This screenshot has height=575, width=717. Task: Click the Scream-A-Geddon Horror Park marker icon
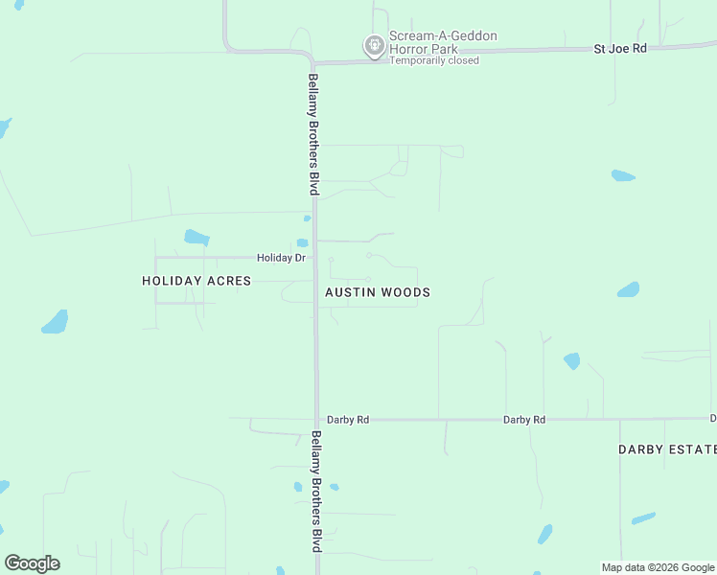coord(374,45)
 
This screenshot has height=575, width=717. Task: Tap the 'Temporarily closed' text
coord(434,60)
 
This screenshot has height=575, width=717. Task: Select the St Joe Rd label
coord(620,47)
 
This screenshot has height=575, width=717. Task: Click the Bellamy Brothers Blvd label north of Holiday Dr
coord(312,134)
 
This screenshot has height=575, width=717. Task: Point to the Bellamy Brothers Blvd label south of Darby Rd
coord(315,491)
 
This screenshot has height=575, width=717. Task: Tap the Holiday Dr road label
coord(281,258)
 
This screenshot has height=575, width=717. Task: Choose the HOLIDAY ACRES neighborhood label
coord(197,281)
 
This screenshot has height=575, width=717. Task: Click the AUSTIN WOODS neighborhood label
coord(378,292)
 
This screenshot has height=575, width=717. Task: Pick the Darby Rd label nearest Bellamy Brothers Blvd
coord(348,420)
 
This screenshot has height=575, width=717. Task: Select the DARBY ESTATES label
coord(667,449)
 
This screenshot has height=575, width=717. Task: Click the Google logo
coord(32,563)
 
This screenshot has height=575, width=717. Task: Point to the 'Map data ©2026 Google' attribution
coord(659,567)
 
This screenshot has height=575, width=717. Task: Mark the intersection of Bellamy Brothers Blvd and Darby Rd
coord(316,419)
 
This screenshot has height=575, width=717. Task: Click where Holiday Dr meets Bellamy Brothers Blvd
coord(315,258)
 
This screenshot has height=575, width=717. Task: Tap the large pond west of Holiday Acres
coord(56,322)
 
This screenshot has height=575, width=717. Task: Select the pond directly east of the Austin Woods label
coord(628,289)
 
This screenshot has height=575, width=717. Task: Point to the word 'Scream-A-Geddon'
coord(443,36)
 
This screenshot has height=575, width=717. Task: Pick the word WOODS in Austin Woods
coord(405,292)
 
